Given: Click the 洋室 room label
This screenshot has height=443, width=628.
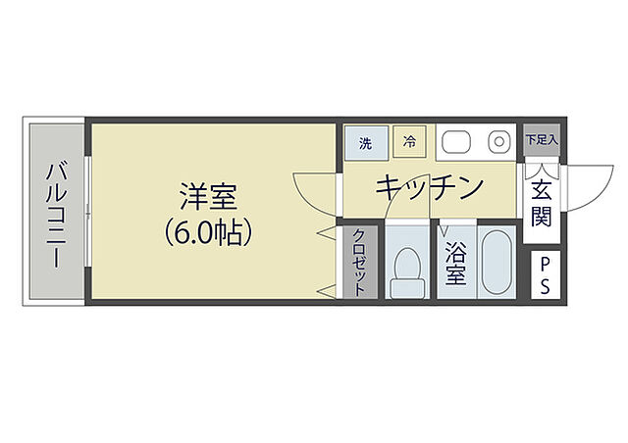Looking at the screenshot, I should pyautogui.click(x=208, y=195).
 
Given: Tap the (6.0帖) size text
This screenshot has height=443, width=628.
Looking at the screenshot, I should pyautogui.click(x=208, y=232).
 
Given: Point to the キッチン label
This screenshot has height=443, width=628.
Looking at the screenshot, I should pyautogui.click(x=430, y=186).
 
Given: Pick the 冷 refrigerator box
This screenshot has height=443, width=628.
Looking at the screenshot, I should pyautogui.click(x=409, y=142).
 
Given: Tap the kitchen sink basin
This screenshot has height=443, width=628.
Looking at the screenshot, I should pyautogui.click(x=458, y=143).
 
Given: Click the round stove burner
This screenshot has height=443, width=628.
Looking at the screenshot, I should pyautogui.click(x=499, y=143).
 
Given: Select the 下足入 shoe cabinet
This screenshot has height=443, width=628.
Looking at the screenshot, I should pyautogui.click(x=541, y=139).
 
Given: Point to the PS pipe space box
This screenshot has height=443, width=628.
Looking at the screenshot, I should pyautogui.click(x=541, y=275).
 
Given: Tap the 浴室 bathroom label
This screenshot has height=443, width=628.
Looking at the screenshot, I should pyautogui.click(x=456, y=264).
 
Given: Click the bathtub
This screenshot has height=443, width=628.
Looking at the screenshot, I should pyautogui.click(x=496, y=263).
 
